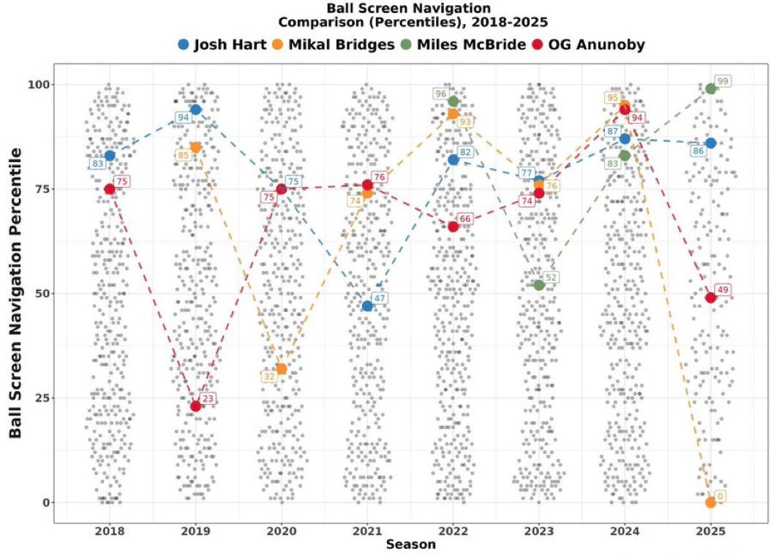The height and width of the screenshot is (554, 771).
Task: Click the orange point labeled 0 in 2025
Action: pos(710,502)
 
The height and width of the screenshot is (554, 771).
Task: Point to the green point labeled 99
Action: pos(710,88)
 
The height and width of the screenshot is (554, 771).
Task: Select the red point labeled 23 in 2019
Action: pos(195,406)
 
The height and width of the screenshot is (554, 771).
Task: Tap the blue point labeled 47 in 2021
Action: pos(367,306)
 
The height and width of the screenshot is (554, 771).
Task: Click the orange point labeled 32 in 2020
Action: pos(281,368)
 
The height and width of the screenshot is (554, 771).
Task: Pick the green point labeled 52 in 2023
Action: pos(539,285)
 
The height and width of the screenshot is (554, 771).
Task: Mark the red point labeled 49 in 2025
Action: pos(710,297)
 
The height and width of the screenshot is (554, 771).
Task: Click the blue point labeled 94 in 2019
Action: pos(195,110)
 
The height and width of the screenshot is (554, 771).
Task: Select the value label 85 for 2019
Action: pos(184,155)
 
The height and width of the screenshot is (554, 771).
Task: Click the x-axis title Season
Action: pos(410,544)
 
